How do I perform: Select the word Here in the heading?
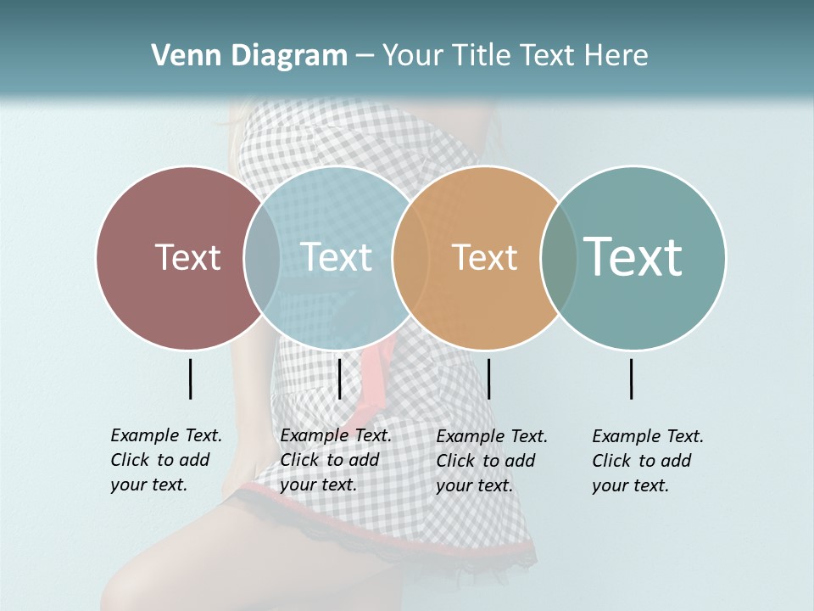coord(616,56)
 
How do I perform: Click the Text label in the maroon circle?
coord(187,257)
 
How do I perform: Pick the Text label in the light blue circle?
coord(336,257)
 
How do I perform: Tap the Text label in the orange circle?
coord(484,257)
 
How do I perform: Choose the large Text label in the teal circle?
coord(633,257)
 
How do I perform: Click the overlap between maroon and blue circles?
coord(262,257)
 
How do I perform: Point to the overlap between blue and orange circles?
coord(410,257)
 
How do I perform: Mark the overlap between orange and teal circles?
coord(559,257)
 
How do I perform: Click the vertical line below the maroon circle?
coord(190,378)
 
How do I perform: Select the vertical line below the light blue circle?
coord(339,378)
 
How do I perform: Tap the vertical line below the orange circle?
coord(488,378)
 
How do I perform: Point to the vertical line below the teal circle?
coord(632,378)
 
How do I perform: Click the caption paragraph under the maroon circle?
coord(165,460)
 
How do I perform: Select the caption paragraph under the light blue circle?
coord(335,460)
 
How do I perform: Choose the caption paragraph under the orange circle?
coord(491,461)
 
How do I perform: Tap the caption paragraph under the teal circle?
coord(647,461)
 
